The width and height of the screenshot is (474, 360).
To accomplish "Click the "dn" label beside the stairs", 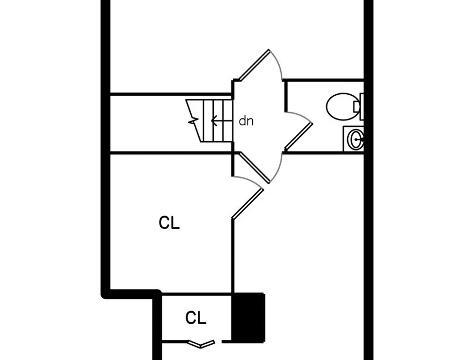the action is coord(246,121).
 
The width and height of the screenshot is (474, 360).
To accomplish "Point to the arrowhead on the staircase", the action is coord(214,121).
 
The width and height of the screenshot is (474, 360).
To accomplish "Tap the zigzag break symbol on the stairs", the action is coord(193,121).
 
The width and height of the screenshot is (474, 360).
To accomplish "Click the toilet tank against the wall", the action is coord(362,106).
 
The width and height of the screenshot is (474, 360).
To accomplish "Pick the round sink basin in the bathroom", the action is coord(356,139).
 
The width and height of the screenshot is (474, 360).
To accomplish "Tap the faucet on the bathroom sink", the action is coord(360,139).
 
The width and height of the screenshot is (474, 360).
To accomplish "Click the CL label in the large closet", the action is coord(169,223).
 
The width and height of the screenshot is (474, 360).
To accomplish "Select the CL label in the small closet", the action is coord(195,318).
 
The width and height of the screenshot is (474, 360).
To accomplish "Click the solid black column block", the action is coord(248,317).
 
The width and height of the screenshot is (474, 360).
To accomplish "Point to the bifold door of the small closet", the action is coord(201,344).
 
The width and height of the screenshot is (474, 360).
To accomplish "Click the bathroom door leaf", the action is coord(299,136).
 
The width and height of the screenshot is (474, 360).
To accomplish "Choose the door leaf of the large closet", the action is coord(248,203).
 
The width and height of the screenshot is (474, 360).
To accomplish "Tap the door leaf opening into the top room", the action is coord(254,65).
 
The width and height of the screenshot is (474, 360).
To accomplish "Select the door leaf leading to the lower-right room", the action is coord(254,167).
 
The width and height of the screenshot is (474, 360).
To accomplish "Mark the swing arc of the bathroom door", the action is coord(299,116).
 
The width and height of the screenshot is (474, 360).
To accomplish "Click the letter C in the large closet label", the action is coord(164,223).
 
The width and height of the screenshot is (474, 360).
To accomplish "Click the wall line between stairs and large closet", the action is coord(171,153).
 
